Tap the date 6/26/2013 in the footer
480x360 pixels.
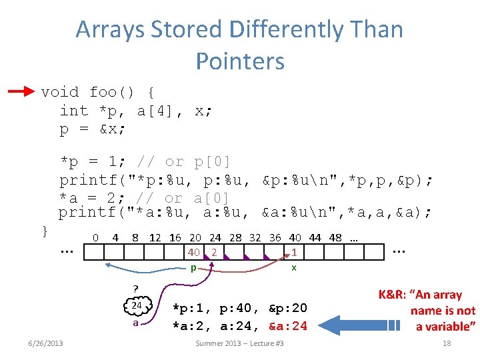[x=45, y=343]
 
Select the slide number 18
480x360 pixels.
[x=447, y=343]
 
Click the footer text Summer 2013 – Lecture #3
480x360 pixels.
[x=239, y=343]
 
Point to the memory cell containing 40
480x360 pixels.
[x=194, y=253]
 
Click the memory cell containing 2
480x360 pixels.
[x=213, y=253]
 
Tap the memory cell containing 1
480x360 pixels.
[x=294, y=253]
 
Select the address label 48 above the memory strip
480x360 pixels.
[x=335, y=237]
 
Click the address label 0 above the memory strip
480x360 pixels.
[x=96, y=237]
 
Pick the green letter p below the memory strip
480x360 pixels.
[x=193, y=268]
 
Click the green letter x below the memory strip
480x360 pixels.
[x=293, y=268]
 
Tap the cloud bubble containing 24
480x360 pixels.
[x=137, y=306]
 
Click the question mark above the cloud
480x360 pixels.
[x=136, y=289]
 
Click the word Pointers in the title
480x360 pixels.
[x=240, y=61]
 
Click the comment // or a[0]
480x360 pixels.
[x=183, y=198]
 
